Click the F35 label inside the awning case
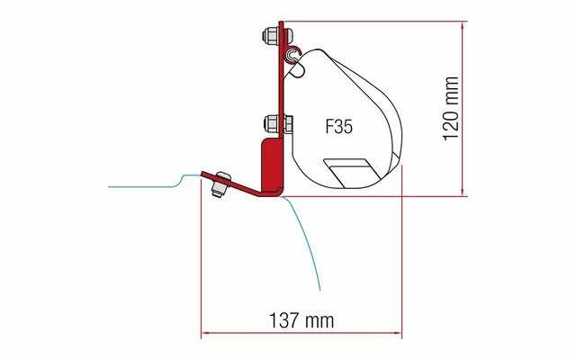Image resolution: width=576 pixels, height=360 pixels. [338, 127]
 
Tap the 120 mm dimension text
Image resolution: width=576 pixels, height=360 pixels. [453, 106]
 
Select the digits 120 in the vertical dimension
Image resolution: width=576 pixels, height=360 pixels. [453, 118]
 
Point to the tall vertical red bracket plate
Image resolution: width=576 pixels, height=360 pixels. [279, 90]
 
